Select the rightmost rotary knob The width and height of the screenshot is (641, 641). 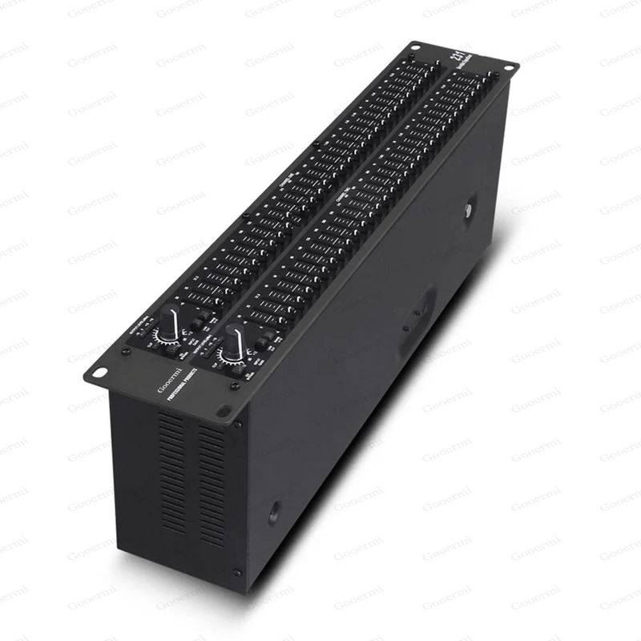(x=232, y=342)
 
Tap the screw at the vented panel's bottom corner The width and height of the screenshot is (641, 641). (x=236, y=572)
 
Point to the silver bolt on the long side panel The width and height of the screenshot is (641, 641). (x=467, y=210)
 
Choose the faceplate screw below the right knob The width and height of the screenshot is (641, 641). (x=234, y=385)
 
